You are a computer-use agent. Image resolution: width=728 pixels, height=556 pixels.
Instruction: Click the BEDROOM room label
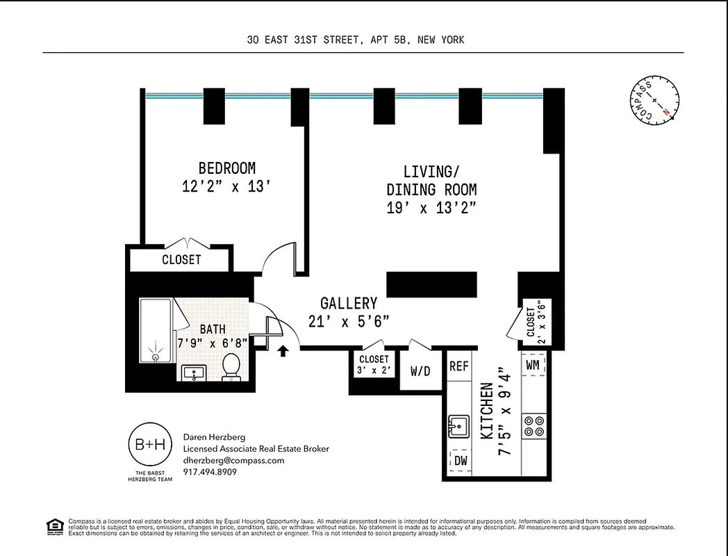(226, 168)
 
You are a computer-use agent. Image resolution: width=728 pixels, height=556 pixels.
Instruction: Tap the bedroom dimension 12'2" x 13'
(226, 186)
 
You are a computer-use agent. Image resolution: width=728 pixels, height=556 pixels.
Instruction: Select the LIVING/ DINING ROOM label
(431, 180)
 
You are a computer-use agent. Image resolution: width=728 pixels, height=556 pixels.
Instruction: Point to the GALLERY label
(349, 303)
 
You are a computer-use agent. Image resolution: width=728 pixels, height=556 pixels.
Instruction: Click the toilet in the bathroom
(231, 366)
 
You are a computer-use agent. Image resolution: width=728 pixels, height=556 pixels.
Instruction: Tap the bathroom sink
(192, 373)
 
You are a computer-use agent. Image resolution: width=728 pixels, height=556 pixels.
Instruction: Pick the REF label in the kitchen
(458, 366)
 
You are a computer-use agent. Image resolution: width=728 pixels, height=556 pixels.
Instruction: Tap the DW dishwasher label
(460, 459)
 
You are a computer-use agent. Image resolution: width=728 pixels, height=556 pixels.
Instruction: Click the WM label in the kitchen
(533, 364)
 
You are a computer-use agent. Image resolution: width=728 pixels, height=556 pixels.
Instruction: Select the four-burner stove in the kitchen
(533, 425)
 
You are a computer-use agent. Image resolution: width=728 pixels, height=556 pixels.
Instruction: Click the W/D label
(420, 371)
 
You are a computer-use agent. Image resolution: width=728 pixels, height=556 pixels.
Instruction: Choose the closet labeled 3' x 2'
(374, 364)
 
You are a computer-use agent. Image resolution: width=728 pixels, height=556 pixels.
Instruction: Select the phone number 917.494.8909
(210, 472)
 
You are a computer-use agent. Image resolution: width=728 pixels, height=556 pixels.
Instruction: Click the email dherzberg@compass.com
(233, 460)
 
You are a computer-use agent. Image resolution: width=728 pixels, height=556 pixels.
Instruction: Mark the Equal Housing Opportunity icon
(53, 526)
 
